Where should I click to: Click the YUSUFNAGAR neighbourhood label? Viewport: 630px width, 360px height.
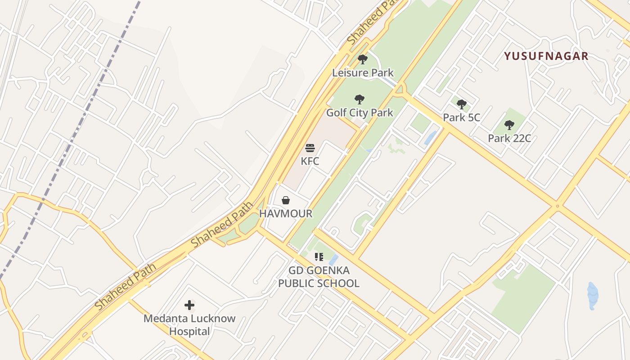(x=546, y=56)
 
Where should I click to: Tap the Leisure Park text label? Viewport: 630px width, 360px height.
(x=363, y=72)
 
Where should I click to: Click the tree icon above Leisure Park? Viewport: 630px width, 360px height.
(x=362, y=59)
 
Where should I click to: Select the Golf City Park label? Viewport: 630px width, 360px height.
(x=360, y=112)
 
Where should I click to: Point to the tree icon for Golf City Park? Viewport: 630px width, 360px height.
(x=359, y=99)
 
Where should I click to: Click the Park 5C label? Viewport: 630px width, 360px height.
(x=461, y=117)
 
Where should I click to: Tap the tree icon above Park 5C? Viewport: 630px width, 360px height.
(x=461, y=105)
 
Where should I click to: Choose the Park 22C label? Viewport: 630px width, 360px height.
(x=509, y=138)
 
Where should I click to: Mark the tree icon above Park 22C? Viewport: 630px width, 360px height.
(x=509, y=125)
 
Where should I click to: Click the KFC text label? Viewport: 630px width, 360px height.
(x=310, y=161)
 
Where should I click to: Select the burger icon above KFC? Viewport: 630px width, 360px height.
(x=310, y=148)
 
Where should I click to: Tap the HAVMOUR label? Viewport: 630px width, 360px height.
(x=285, y=213)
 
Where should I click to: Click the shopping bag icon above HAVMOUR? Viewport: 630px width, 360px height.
(x=285, y=200)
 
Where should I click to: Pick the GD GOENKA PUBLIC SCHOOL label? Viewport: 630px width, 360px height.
(x=319, y=277)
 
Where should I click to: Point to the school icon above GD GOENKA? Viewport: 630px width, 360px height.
(x=319, y=257)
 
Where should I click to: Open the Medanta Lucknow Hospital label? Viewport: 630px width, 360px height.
(x=189, y=325)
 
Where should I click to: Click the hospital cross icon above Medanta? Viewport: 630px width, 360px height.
(x=189, y=305)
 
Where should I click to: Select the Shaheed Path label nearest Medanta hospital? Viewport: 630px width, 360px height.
(x=126, y=286)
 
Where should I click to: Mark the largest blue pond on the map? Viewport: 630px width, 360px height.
(x=593, y=296)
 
